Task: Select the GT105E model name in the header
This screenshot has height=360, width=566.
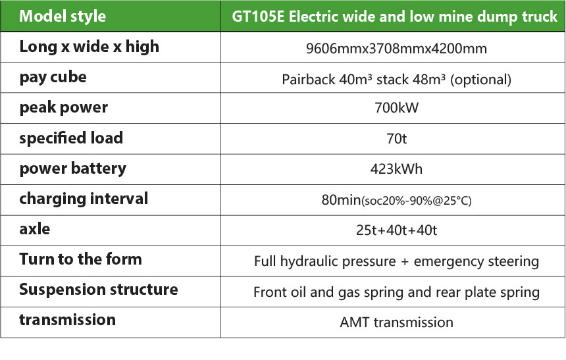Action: coord(258,16)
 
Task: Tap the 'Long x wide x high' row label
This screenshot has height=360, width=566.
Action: coord(89,47)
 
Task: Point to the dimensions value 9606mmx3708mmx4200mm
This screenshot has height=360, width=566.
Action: coord(396,49)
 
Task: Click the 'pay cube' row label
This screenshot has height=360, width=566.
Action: coord(53,77)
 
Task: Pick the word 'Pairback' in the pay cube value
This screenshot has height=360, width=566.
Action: coord(308,80)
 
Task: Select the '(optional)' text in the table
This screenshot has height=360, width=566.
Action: coord(480,80)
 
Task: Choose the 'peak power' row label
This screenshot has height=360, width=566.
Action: coord(64,107)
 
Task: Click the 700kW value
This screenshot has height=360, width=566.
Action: coord(396,107)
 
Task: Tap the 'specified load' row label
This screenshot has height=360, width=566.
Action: coord(71,138)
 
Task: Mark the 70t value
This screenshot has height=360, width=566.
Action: coord(396,139)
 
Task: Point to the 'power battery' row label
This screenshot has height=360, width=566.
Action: coord(73,168)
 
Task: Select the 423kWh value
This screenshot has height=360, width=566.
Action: coord(396,169)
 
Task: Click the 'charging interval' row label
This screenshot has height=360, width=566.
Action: coord(84,199)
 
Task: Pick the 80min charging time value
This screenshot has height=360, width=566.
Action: coord(341,199)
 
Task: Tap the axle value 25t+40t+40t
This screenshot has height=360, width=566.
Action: coord(396,230)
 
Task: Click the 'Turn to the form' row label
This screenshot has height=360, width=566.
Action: coord(80,259)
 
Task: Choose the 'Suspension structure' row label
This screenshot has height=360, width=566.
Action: coord(99,290)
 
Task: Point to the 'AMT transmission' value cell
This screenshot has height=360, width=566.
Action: coord(396,322)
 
